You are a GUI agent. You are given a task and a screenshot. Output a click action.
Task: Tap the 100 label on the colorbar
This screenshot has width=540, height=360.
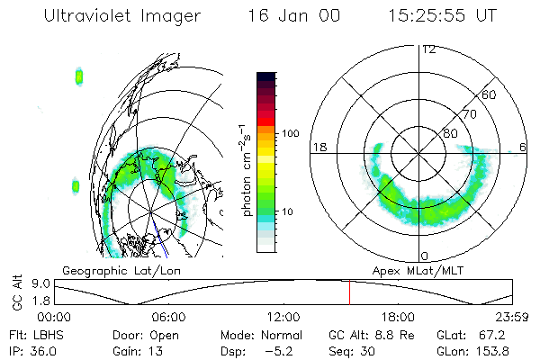click(289, 133)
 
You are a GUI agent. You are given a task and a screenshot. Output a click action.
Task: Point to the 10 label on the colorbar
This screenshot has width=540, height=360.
click(287, 212)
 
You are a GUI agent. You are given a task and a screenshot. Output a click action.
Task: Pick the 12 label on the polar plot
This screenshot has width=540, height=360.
click(429, 49)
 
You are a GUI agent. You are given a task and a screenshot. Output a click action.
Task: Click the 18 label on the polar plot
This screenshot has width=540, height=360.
click(318, 146)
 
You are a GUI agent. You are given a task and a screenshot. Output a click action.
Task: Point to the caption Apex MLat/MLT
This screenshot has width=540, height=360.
click(414, 270)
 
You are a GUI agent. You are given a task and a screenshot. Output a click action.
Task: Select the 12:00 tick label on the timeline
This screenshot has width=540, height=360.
click(283, 317)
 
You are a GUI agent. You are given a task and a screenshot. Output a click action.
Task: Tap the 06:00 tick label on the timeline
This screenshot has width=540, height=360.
click(168, 317)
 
